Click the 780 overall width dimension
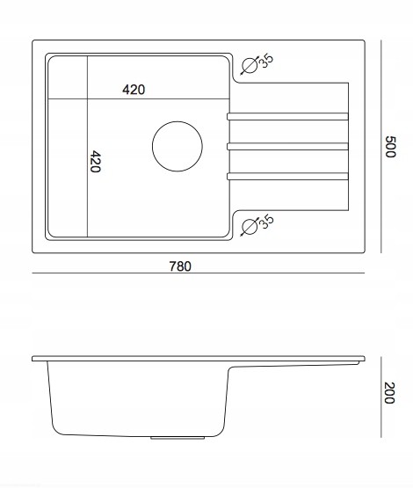pos(180,266)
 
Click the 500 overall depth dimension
pos(390,147)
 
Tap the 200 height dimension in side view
pos(389,392)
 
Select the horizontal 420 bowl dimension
pos(134,90)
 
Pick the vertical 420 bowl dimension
pos(95,162)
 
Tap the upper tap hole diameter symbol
pos(250,66)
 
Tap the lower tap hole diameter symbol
pos(250,227)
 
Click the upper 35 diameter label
pos(266,61)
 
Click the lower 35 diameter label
pos(266,222)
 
